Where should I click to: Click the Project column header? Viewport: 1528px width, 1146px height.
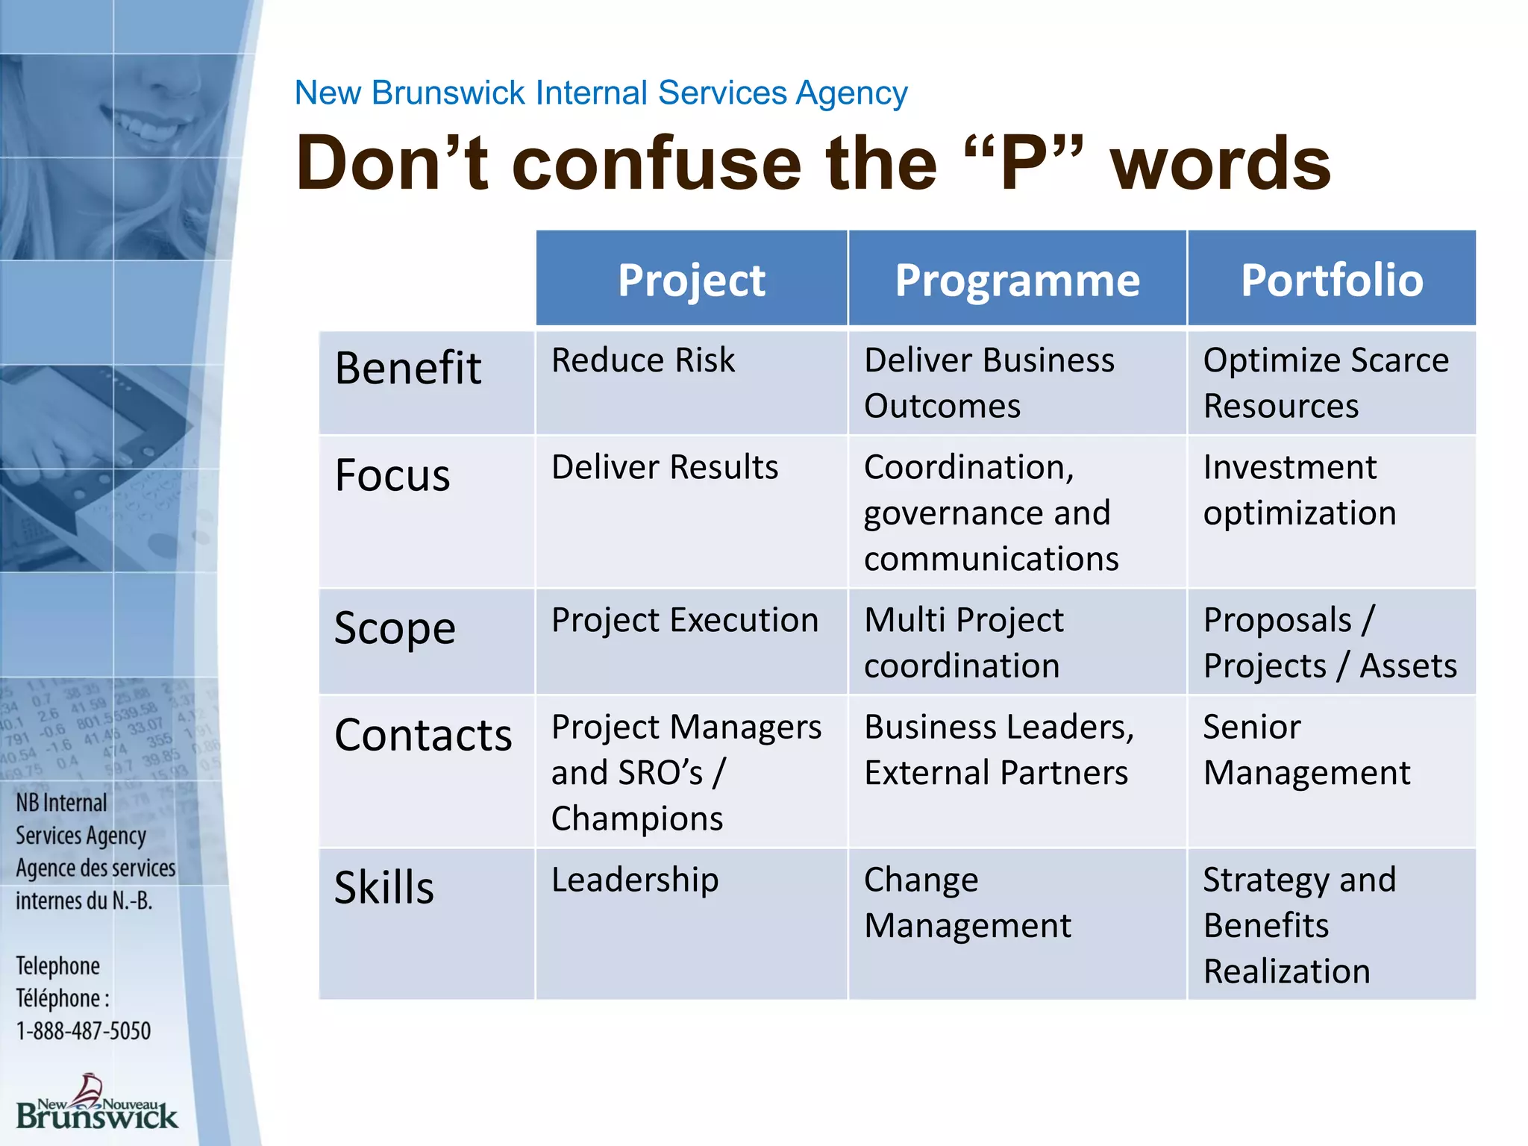(x=692, y=281)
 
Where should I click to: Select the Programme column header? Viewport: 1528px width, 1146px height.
(x=1017, y=281)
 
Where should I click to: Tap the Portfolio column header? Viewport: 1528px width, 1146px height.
(x=1332, y=281)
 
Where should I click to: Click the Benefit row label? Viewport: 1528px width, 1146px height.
(x=408, y=368)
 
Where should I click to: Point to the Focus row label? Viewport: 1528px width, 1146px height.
(x=392, y=475)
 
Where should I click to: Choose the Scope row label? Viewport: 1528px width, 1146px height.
(x=395, y=628)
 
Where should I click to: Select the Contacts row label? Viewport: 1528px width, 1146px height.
(x=423, y=735)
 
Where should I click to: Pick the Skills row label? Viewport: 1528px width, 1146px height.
(x=384, y=888)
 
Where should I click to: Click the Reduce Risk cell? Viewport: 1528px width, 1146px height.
(x=643, y=360)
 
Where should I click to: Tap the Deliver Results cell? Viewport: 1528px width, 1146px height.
(x=665, y=468)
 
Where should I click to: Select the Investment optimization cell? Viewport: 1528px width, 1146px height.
(x=1299, y=490)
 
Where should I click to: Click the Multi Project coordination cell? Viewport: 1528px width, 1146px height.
(x=963, y=642)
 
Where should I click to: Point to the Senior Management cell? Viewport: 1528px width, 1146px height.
(x=1306, y=750)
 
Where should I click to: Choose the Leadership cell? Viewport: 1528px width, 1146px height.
(x=635, y=880)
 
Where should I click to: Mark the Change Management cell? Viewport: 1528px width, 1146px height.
(x=968, y=903)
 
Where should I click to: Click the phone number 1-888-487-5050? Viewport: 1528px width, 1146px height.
(x=84, y=1031)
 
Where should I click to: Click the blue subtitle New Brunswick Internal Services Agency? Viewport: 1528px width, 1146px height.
(x=601, y=93)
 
